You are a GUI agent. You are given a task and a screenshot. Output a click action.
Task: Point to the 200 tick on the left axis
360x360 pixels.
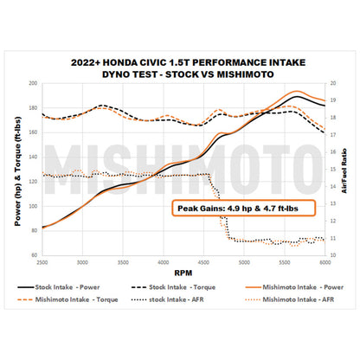(33, 84)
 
